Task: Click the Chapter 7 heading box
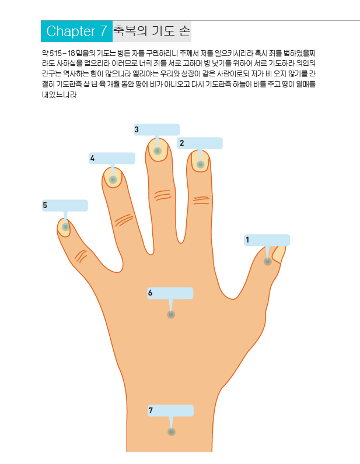click(76, 31)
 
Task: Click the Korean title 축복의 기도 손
click(152, 31)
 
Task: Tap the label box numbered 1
click(267, 240)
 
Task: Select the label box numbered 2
click(200, 143)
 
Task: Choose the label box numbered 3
click(156, 130)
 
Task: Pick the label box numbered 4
click(112, 159)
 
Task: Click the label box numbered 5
click(65, 206)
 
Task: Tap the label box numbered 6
click(170, 293)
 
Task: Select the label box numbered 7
click(170, 411)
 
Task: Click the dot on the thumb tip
click(267, 262)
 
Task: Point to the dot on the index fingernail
click(200, 165)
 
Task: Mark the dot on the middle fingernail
click(157, 152)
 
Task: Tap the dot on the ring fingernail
click(113, 180)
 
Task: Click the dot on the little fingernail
click(65, 227)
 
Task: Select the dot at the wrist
click(171, 432)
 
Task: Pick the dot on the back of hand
click(171, 315)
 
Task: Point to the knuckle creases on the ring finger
click(124, 220)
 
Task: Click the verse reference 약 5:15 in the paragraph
click(54, 53)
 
